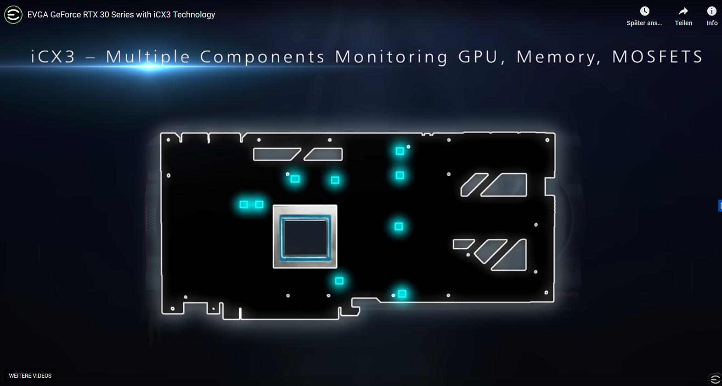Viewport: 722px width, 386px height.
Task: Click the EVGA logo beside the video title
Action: click(13, 15)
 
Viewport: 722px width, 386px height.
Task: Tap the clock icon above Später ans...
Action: click(645, 11)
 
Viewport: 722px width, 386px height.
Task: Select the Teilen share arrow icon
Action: click(683, 11)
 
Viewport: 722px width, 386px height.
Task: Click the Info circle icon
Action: click(711, 11)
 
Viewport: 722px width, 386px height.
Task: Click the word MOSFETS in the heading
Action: click(657, 57)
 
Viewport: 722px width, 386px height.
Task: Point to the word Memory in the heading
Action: click(558, 57)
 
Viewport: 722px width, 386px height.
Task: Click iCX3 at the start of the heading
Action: click(53, 57)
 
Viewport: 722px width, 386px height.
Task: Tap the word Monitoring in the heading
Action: click(391, 57)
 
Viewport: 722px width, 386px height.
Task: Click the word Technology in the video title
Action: click(194, 15)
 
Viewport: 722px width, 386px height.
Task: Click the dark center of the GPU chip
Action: click(305, 237)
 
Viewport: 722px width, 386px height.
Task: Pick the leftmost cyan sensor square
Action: click(244, 204)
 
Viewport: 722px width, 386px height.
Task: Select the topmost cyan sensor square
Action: click(400, 151)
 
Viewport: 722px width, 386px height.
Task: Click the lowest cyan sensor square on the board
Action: click(402, 294)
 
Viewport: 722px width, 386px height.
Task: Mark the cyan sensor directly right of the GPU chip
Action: click(399, 226)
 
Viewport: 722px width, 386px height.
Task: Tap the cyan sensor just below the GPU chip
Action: click(339, 280)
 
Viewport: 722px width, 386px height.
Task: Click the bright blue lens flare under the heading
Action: click(150, 67)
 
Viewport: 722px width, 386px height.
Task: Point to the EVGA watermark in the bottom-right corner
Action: click(715, 379)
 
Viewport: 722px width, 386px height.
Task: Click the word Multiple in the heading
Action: click(148, 57)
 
